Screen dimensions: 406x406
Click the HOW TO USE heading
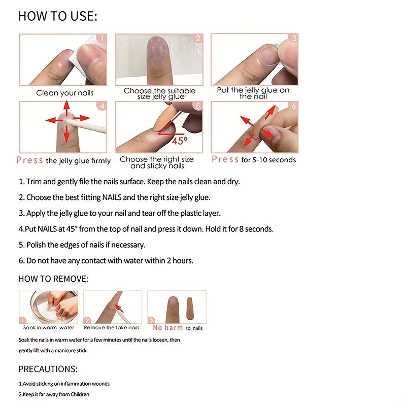(x=57, y=16)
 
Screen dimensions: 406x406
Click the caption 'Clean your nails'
(x=64, y=93)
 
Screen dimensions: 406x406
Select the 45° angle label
(x=179, y=140)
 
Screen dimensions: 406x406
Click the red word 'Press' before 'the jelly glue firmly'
(x=29, y=160)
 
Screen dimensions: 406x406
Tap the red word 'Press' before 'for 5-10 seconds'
(x=225, y=159)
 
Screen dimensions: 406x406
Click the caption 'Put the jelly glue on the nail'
(x=253, y=93)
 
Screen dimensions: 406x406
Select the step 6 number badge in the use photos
(x=293, y=106)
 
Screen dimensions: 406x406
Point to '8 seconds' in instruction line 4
(x=256, y=229)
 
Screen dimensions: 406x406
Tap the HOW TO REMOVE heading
(x=53, y=279)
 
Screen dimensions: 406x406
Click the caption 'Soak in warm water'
(x=49, y=328)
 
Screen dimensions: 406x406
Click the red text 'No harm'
(x=168, y=328)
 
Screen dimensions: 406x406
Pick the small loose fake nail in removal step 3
(x=190, y=309)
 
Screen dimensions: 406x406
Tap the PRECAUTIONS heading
(x=48, y=369)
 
